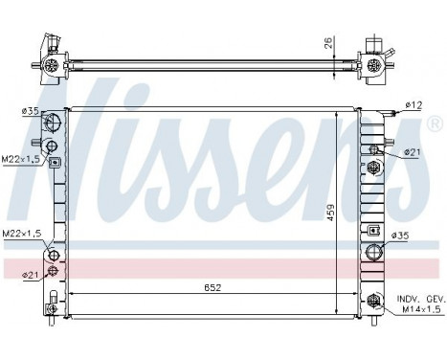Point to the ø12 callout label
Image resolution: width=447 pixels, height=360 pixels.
tap(413, 104)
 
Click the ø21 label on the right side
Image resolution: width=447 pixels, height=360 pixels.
tap(412, 151)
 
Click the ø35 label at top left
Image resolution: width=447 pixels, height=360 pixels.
tap(31, 111)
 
